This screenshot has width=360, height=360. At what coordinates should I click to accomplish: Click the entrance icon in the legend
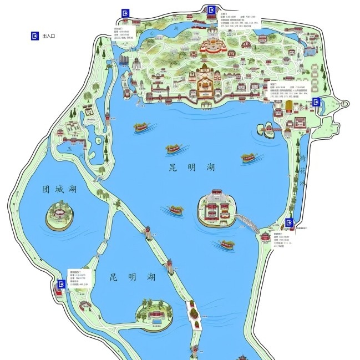click(36, 36)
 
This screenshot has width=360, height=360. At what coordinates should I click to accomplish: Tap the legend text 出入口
click(48, 36)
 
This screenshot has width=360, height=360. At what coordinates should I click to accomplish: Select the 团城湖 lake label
click(59, 189)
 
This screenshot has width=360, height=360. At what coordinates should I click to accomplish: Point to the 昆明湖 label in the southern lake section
click(131, 277)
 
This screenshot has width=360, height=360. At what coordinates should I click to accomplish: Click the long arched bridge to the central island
click(249, 224)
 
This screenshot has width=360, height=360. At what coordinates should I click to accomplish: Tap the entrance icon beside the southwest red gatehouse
click(60, 285)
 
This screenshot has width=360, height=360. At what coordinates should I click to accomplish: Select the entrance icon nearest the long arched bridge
click(288, 223)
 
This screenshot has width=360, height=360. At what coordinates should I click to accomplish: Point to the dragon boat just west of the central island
click(176, 210)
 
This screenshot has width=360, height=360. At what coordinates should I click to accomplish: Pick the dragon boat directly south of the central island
click(226, 244)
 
